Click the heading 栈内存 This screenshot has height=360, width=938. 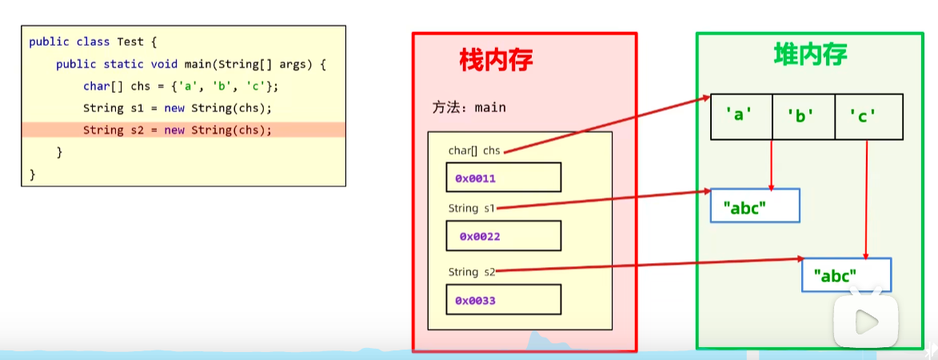(x=496, y=61)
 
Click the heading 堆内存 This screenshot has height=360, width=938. (x=810, y=54)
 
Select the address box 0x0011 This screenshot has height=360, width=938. (x=503, y=178)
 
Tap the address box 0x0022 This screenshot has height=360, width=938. (x=503, y=236)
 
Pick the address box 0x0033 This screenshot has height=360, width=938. (x=503, y=300)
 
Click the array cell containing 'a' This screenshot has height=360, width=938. (x=741, y=117)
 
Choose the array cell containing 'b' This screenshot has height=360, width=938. (x=803, y=117)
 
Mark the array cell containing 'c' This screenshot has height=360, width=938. (x=868, y=117)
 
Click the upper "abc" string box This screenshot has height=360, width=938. (x=755, y=206)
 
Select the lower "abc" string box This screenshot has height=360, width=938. (x=846, y=275)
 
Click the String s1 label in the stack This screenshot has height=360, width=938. (x=472, y=209)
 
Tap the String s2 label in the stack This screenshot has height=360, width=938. (x=472, y=272)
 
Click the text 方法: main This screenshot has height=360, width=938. (x=469, y=107)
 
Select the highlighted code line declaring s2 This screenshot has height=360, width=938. (x=177, y=130)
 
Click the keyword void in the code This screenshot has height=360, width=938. (x=147, y=64)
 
